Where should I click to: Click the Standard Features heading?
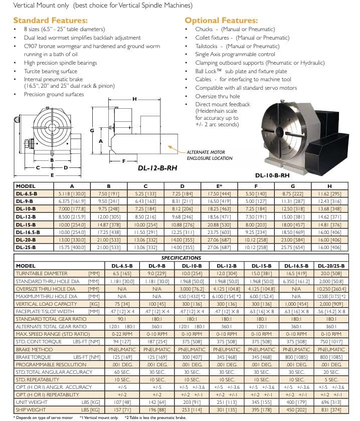coord(50,21)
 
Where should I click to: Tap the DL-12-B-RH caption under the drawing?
coord(158,168)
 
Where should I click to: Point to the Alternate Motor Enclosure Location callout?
coord(209,155)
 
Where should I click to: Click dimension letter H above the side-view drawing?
coord(134,99)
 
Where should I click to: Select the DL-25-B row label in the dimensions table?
coord(26,247)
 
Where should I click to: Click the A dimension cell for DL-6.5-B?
coord(72,193)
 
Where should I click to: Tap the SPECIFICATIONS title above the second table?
coord(181,258)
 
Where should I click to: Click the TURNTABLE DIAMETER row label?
coord(42,274)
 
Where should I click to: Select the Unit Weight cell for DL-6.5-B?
coord(118,402)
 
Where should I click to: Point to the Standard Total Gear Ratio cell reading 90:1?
coord(118,319)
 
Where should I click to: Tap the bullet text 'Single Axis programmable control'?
coord(235,54)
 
